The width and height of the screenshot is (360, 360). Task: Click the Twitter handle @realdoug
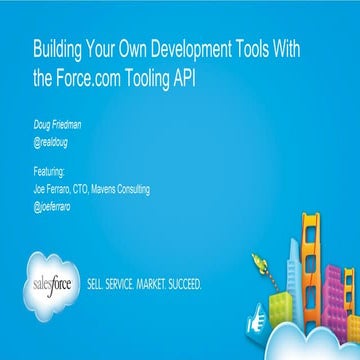click(x=51, y=141)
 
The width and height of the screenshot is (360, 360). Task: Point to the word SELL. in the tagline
click(x=100, y=283)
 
